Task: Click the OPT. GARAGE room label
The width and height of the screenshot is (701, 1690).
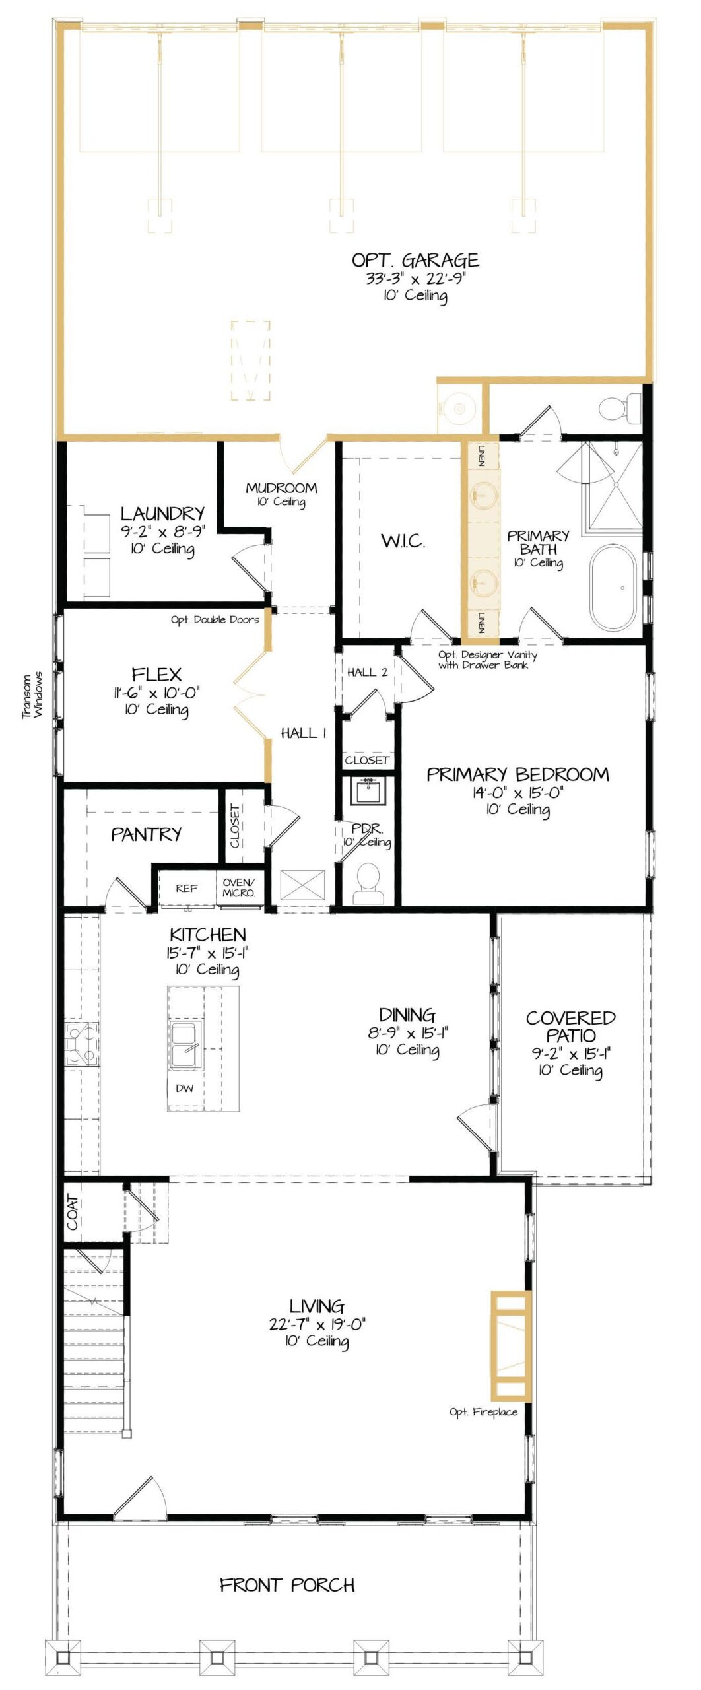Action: (415, 260)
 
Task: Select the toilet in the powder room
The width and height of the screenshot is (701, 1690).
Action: (368, 883)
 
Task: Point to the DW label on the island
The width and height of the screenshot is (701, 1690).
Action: (185, 1088)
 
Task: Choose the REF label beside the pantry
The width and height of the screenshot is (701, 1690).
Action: (187, 888)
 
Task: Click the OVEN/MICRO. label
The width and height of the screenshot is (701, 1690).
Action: (239, 887)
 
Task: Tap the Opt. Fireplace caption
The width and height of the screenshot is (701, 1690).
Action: (483, 1411)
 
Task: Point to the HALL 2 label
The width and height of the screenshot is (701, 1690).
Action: (367, 672)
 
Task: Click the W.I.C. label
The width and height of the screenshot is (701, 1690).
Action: (403, 541)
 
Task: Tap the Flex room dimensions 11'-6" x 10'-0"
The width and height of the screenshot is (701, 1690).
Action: (156, 693)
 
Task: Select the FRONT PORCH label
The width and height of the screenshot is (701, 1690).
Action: (287, 1584)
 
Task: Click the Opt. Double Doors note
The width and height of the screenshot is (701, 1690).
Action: (215, 619)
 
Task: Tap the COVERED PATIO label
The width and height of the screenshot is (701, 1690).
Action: (571, 1027)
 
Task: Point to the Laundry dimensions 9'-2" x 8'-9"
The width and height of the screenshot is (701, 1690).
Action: (163, 531)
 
